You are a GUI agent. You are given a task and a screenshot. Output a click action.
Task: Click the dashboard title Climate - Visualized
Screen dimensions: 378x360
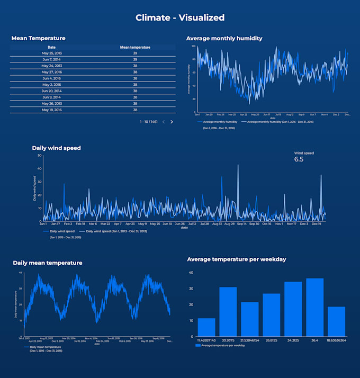coord(180,17)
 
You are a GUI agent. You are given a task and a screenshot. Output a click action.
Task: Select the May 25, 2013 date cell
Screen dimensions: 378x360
coord(52,53)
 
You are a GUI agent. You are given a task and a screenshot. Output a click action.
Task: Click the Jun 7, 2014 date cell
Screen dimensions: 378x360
coord(52,60)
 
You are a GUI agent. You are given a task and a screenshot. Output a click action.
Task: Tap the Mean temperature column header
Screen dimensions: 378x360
coord(135,47)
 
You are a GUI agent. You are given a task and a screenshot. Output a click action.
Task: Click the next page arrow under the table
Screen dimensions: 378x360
coord(172,122)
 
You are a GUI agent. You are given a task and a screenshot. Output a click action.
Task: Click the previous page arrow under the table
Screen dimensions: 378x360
coord(164,122)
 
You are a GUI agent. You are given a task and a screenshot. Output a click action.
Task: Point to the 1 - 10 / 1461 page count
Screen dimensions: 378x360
coord(149,122)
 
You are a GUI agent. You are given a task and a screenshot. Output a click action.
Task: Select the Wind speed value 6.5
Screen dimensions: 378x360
coord(299,159)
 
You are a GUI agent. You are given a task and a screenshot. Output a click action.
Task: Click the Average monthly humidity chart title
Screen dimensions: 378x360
coord(224,38)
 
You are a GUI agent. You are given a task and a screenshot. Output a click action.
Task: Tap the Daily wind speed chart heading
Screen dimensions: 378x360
coord(56,148)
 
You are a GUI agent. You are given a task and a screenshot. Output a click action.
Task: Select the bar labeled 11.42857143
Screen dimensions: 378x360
coord(206,327)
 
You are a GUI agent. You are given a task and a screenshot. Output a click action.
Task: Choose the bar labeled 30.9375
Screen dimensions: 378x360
coord(228,311)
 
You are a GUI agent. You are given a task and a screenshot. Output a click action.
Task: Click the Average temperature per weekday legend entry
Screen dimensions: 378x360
coord(219,345)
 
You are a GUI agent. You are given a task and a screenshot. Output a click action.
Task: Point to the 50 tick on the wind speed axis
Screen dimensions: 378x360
coord(40,156)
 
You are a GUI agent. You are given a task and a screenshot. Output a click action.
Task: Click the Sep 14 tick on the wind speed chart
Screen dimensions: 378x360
coord(241,224)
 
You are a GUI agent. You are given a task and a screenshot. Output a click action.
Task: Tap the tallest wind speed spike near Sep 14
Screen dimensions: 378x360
coord(238,166)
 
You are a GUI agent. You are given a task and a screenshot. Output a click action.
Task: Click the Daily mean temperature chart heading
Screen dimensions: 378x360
coord(48,263)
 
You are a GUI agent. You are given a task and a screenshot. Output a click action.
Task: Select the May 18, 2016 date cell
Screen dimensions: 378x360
coord(52,110)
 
